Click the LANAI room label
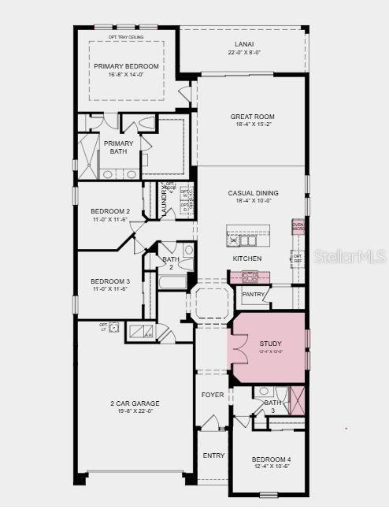click(242, 45)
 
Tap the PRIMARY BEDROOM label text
click(126, 66)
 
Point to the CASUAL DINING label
click(253, 193)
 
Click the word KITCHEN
click(246, 258)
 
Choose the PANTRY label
click(254, 294)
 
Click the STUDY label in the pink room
click(270, 344)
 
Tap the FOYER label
click(213, 395)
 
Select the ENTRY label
click(213, 455)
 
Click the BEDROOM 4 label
click(271, 459)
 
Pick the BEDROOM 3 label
click(110, 281)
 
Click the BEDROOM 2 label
click(110, 211)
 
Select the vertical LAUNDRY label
click(164, 202)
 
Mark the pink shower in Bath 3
click(296, 396)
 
